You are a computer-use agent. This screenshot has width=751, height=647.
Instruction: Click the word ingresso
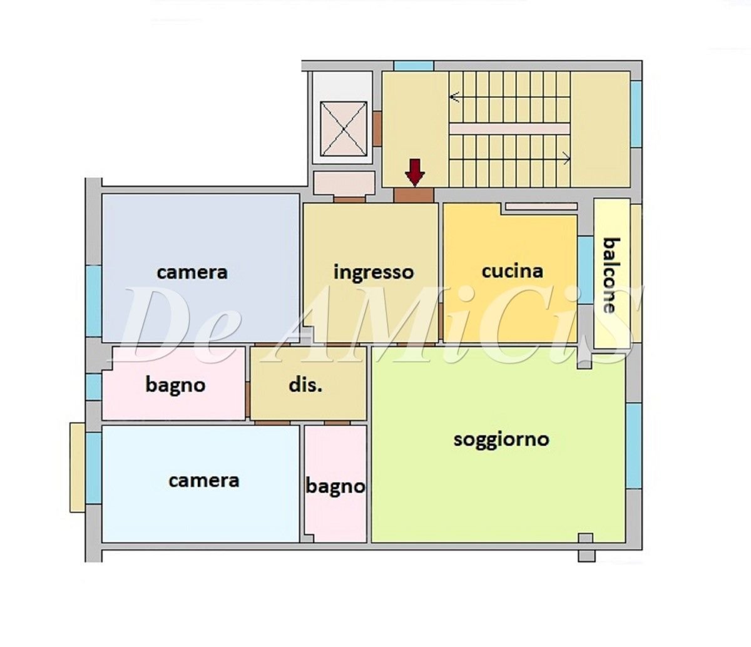[x=374, y=273]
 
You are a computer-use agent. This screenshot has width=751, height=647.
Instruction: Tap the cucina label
[x=512, y=271]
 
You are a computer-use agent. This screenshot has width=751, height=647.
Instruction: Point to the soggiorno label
[x=501, y=439]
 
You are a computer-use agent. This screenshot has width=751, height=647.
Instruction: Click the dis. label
[x=305, y=385]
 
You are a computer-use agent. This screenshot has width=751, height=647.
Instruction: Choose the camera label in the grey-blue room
[x=192, y=272]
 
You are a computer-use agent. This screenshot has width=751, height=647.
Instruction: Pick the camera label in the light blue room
[x=204, y=481]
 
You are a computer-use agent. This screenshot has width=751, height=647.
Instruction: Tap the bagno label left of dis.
[x=175, y=385]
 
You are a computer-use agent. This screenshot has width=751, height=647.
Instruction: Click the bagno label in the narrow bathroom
[x=335, y=486]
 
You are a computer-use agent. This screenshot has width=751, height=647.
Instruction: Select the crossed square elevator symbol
[x=343, y=128]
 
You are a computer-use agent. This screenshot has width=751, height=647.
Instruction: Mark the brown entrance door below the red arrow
[x=414, y=195]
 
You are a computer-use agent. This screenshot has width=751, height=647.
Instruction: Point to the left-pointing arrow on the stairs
[x=455, y=97]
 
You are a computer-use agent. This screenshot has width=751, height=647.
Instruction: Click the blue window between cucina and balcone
[x=585, y=270]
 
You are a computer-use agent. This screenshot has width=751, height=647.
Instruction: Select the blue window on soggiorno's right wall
[x=633, y=446]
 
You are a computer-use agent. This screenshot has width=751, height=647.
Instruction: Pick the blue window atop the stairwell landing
[x=414, y=66]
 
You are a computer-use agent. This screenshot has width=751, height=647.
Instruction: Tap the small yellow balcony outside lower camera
[x=77, y=467]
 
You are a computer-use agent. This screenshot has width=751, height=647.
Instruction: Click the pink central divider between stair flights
[x=509, y=128]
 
